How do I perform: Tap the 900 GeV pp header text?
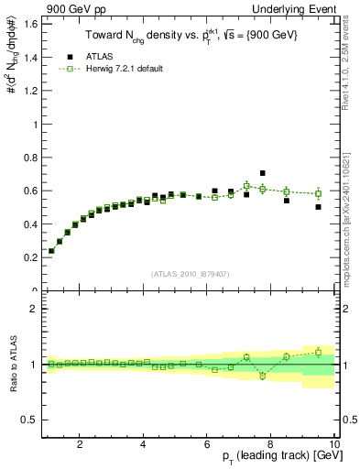click(71, 8)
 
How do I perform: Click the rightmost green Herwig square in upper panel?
click(318, 193)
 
